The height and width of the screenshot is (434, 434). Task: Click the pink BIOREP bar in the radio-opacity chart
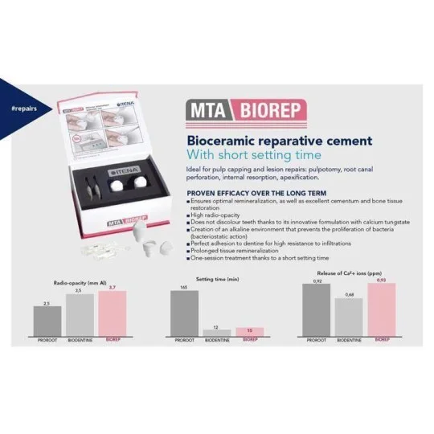(x=113, y=314)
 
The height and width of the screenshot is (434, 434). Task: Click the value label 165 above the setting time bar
(x=184, y=286)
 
